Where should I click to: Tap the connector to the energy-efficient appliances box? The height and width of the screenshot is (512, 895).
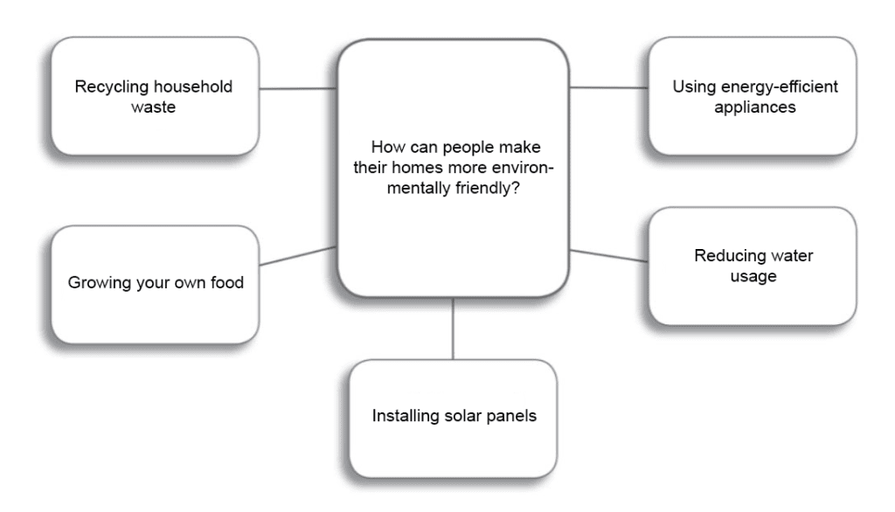(609, 87)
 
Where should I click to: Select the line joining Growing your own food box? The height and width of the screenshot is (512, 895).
(298, 256)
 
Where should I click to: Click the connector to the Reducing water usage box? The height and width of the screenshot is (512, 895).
(609, 255)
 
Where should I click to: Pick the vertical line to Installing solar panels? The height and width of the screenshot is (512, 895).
(453, 329)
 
